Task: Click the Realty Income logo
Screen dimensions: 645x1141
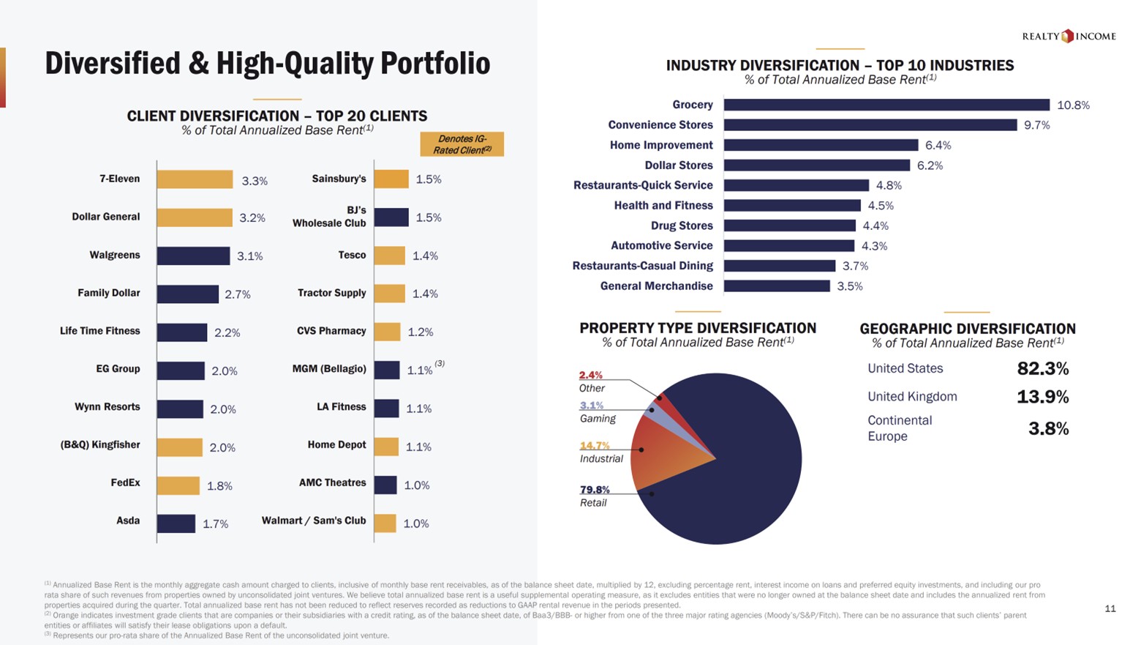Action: tap(1069, 36)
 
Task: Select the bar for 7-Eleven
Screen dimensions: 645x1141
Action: tap(195, 179)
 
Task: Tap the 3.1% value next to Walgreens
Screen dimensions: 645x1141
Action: tap(249, 256)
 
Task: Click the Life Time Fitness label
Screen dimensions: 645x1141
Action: tap(100, 331)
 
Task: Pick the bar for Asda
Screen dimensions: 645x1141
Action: tap(176, 523)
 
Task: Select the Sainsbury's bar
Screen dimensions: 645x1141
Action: tap(391, 179)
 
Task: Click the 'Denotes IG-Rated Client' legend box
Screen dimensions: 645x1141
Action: tap(462, 144)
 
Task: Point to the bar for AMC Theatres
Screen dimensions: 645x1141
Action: tap(385, 485)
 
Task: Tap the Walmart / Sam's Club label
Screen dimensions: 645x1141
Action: tap(314, 521)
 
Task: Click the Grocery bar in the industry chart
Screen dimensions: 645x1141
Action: tap(886, 105)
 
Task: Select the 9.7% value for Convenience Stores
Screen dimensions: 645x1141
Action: tap(1036, 125)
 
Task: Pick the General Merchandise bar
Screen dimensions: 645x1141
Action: tap(777, 286)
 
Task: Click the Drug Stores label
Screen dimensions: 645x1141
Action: tap(682, 225)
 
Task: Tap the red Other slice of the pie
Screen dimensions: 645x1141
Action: tap(660, 398)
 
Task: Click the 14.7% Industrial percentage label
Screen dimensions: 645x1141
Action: tap(595, 445)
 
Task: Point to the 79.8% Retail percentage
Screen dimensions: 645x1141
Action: tap(595, 490)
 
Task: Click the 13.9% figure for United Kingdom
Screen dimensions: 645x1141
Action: tap(1042, 397)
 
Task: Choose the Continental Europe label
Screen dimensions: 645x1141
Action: tap(899, 428)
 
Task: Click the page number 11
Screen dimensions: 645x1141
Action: tap(1110, 608)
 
